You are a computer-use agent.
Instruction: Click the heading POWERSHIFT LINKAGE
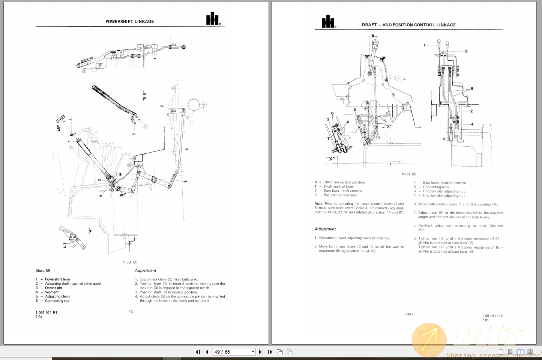click(x=129, y=21)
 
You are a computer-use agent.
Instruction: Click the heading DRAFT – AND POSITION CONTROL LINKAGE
click(x=408, y=25)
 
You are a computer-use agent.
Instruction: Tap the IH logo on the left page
click(x=213, y=19)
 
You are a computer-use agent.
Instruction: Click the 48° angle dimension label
click(x=59, y=128)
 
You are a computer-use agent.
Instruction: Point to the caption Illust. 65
click(x=130, y=262)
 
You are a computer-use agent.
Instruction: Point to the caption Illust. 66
click(x=409, y=174)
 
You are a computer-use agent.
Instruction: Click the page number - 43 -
click(x=131, y=312)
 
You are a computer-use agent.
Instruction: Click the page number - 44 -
click(x=409, y=314)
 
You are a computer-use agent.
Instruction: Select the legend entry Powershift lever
click(x=57, y=279)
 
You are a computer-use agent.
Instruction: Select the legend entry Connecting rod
click(x=57, y=301)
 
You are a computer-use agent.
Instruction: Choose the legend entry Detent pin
click(x=53, y=288)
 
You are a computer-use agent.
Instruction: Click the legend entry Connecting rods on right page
click(x=435, y=187)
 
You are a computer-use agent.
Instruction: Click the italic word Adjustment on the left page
click(x=145, y=270)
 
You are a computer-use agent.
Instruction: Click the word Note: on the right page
click(x=318, y=204)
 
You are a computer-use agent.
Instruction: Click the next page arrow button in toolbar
click(x=260, y=352)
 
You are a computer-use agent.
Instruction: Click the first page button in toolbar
click(x=198, y=352)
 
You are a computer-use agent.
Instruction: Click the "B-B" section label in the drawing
click(x=144, y=96)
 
